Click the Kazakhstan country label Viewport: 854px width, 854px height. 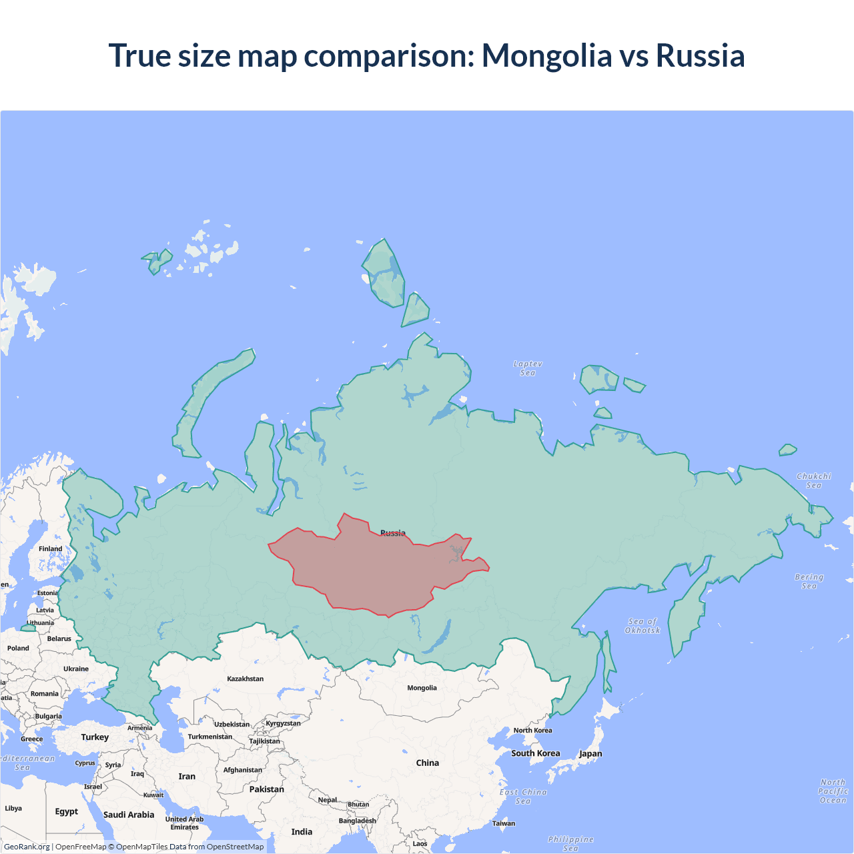(245, 679)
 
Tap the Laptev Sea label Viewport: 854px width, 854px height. (528, 368)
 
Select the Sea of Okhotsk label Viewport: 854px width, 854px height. (643, 626)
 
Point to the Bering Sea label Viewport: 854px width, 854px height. (809, 581)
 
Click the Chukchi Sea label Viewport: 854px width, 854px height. (813, 480)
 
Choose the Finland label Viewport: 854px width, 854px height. (50, 549)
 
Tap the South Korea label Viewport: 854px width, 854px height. (535, 753)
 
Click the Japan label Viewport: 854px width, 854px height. (590, 754)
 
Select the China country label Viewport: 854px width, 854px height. (428, 763)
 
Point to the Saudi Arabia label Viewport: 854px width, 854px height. (128, 815)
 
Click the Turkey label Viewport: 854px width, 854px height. (95, 737)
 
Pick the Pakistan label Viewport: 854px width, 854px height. (266, 789)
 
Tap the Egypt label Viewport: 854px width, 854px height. (66, 812)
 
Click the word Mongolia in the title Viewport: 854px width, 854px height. (546, 55)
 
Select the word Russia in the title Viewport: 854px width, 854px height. (700, 55)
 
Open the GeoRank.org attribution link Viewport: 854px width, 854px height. (27, 847)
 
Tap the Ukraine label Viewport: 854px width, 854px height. (76, 669)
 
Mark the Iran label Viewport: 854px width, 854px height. (187, 777)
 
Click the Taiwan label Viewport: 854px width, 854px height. (504, 823)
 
